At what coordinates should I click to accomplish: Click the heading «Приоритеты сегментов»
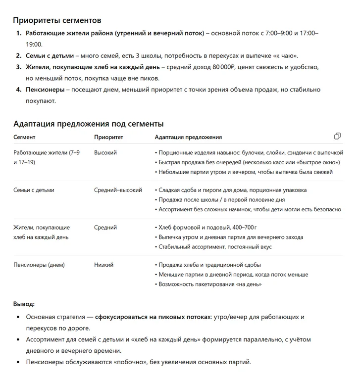[x=57, y=20]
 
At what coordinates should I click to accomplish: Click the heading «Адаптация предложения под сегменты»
[x=88, y=123]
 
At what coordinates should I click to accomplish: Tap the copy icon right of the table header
[x=337, y=136]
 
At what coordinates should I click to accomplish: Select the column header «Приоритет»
[x=108, y=137]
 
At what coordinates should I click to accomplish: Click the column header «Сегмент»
[x=24, y=137]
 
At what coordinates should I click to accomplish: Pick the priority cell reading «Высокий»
[x=105, y=153]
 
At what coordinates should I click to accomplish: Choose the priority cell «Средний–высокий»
[x=118, y=190]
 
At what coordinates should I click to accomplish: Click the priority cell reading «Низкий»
[x=103, y=265]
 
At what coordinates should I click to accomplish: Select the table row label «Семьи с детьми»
[x=34, y=190]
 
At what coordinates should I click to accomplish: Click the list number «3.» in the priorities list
[x=18, y=67]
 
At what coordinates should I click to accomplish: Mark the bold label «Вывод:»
[x=24, y=303]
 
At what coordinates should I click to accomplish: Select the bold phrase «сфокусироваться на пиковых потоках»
[x=153, y=316]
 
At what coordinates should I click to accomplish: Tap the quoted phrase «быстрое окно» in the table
[x=321, y=162]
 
